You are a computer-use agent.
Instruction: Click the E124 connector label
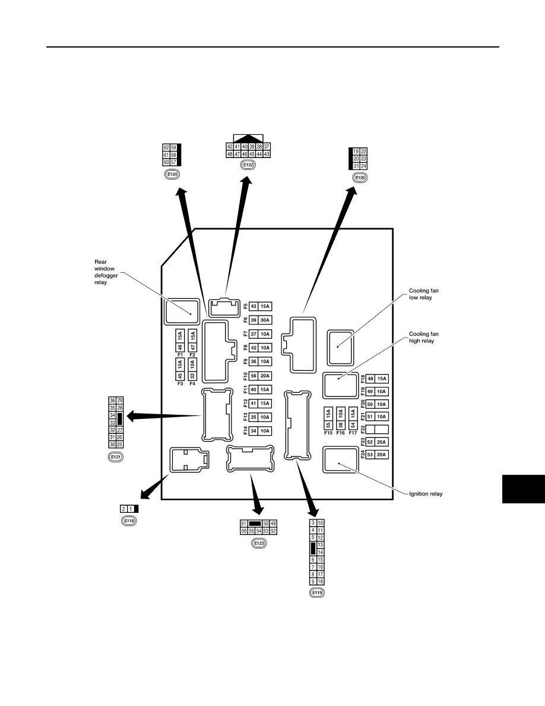172,174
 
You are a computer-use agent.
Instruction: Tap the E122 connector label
248,165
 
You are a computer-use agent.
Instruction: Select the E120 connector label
360,178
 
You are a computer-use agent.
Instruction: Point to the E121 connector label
116,457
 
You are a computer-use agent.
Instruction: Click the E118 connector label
129,521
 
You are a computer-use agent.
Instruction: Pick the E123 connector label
259,543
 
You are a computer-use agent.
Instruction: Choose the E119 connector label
317,592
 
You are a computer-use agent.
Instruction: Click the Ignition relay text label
426,494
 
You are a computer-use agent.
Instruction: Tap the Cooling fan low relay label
423,294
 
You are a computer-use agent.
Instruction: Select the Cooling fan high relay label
423,337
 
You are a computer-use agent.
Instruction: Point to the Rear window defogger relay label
106,272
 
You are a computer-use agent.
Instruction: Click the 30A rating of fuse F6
265,320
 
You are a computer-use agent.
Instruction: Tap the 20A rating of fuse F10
265,376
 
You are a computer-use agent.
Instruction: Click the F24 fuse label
362,455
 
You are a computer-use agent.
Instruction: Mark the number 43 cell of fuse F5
254,307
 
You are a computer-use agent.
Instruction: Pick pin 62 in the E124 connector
166,148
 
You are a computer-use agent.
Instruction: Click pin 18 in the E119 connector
321,582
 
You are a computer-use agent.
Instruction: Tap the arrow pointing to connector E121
164,416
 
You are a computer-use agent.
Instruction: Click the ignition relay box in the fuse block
340,460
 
